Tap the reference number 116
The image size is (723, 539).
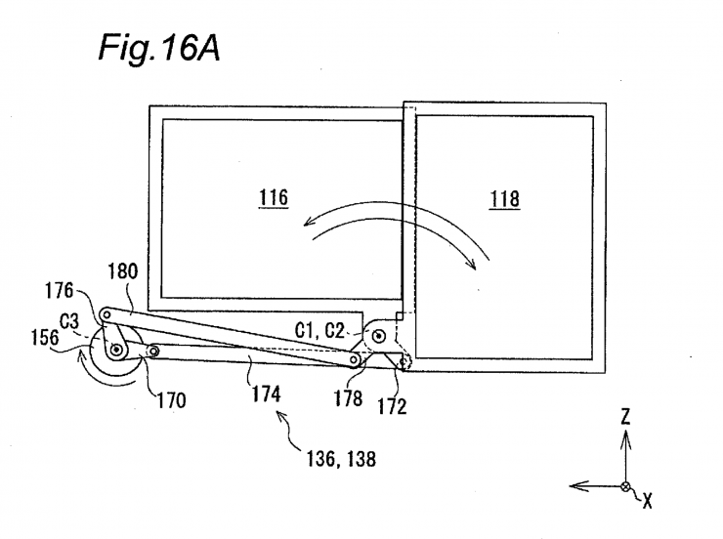click(274, 197)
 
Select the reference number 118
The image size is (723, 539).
click(505, 198)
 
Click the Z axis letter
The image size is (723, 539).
click(624, 417)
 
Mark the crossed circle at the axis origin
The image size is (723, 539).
click(625, 485)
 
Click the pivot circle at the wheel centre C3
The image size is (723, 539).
click(116, 349)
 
